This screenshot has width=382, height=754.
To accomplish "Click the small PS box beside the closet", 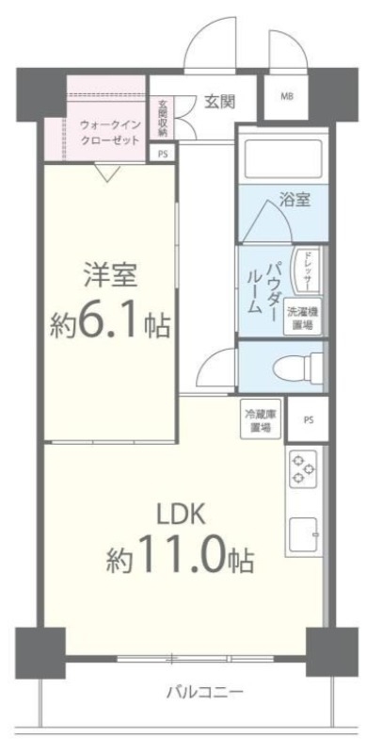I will tap(163, 154).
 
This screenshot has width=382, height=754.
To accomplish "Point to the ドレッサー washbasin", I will tap(307, 270).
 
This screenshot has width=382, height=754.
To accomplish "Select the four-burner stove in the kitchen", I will tap(303, 468).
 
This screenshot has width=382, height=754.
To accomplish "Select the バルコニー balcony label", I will tap(204, 692).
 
